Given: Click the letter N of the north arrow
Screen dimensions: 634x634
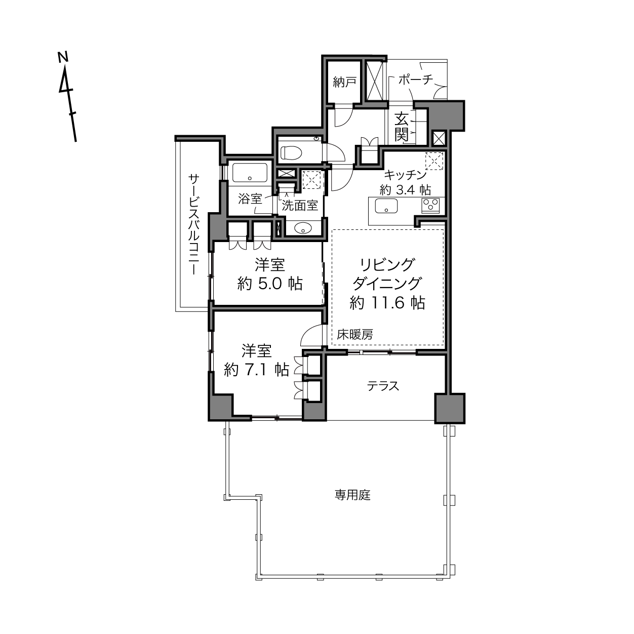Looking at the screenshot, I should coord(63,57).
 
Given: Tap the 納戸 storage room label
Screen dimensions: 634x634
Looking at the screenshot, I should coord(344,82).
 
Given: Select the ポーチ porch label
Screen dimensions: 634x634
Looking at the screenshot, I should coord(416,80).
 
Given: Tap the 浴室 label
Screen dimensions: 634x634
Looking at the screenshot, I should coord(250,199).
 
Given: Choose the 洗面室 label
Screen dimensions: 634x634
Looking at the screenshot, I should coord(300,206).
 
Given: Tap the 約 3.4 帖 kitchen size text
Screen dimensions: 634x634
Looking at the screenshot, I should coord(406,190).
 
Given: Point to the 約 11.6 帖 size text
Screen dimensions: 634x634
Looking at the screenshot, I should coord(387,303).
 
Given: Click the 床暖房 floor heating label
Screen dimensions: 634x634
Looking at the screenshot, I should coord(355,334).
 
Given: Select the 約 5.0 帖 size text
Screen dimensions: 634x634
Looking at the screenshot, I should coord(270,284).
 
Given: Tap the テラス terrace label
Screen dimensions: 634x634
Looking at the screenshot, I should coord(383,386).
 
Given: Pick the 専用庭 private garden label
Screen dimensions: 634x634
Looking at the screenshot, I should coord(352,495).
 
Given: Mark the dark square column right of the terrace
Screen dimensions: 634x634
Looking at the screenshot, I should coord(449,408).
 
